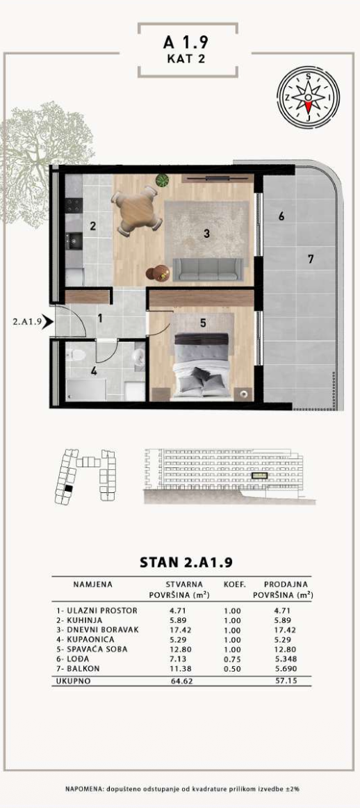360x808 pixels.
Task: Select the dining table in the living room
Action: coord(137,209)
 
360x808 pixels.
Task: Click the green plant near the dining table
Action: coord(163,180)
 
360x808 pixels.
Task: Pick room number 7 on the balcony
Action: coord(311,259)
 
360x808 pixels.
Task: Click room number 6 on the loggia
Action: coord(281,217)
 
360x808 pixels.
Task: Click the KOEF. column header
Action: coord(234,584)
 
